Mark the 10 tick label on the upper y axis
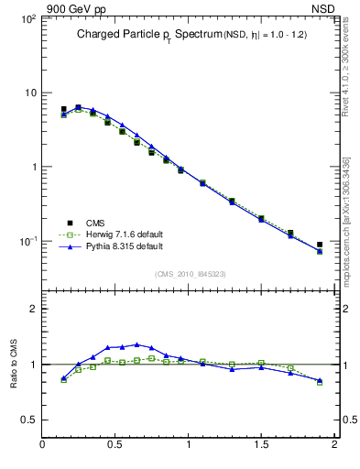pos(29,93)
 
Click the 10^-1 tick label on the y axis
pos(27,241)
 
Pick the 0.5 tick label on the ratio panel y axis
pos(27,420)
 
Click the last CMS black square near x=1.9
pos(320,245)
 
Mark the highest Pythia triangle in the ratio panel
pos(136,344)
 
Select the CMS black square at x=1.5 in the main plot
pos(261,219)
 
